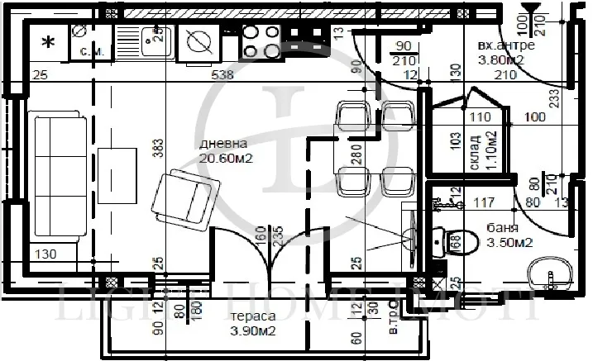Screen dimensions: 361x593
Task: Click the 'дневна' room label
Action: pos(221,144)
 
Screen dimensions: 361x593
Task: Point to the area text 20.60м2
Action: pos(225,157)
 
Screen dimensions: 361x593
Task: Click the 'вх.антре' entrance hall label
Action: pos(506,45)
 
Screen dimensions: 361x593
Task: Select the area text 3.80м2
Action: pos(506,59)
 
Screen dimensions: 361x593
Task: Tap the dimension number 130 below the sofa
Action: pos(48,254)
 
